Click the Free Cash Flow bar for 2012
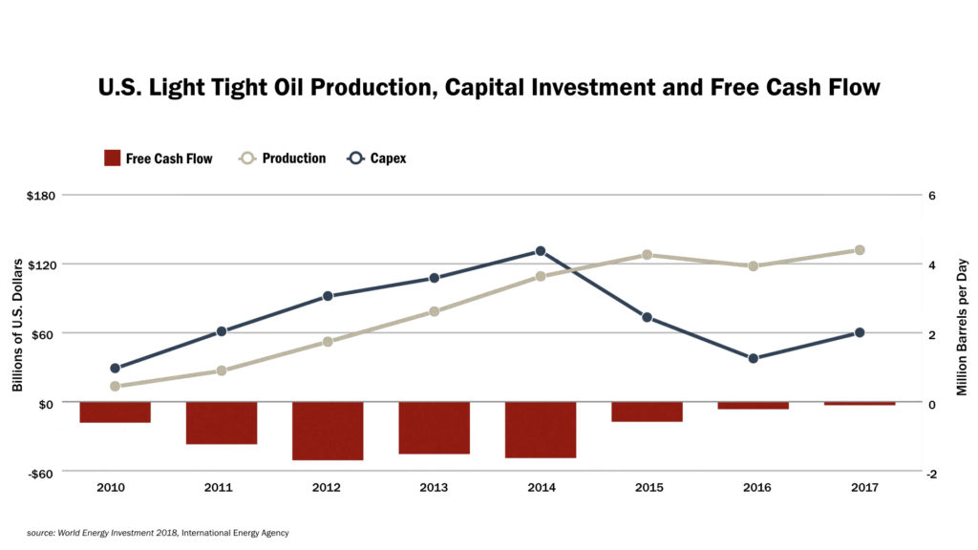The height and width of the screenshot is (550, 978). (328, 431)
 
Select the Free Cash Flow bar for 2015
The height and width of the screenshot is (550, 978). (647, 412)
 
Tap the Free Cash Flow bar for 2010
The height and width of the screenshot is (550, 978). (115, 412)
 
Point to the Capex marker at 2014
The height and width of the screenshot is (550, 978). (541, 251)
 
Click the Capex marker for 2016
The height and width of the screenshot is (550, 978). (754, 358)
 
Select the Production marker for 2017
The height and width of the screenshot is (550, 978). (860, 250)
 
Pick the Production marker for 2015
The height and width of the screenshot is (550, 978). (647, 255)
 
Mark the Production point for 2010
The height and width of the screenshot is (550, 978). (115, 386)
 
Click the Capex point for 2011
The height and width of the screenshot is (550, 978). (222, 331)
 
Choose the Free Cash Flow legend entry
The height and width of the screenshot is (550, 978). (158, 159)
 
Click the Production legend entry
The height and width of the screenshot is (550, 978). (283, 159)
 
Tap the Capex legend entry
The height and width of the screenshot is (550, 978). (376, 159)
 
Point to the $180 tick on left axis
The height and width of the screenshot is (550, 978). (42, 195)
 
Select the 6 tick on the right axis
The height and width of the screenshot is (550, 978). (931, 195)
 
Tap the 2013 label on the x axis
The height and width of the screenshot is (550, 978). (434, 487)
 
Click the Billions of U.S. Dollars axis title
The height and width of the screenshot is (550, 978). (17, 325)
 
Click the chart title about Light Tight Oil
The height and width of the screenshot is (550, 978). (488, 88)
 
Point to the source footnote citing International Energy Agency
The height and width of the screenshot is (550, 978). (158, 533)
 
